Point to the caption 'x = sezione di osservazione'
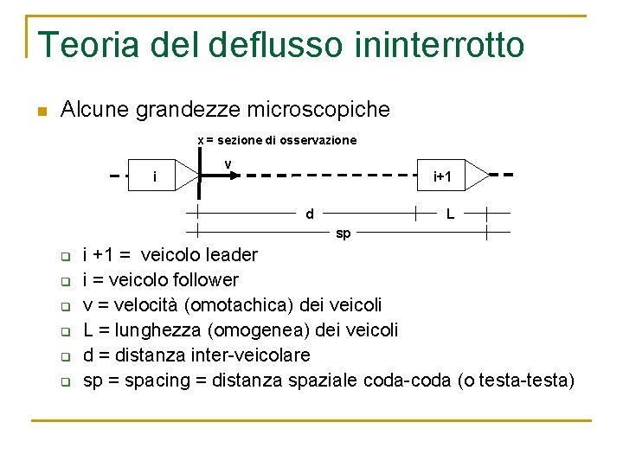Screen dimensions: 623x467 [x=277, y=140]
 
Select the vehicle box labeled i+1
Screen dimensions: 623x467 [x=442, y=176]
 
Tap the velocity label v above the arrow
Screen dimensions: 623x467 [x=228, y=164]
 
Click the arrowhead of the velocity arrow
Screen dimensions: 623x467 [x=233, y=176]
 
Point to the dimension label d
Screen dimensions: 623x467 [x=310, y=213]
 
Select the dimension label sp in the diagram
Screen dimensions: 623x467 [x=343, y=233]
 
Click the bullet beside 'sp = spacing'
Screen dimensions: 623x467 [x=64, y=381]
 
